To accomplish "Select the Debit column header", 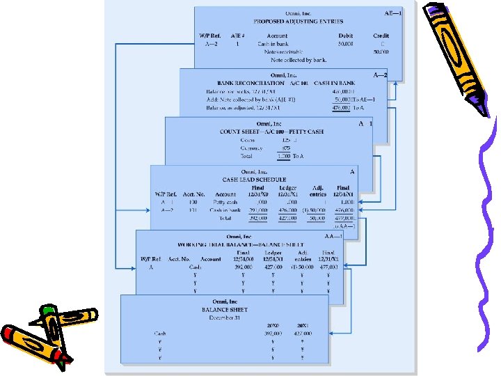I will (x=345, y=36).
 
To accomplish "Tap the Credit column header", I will (x=381, y=36).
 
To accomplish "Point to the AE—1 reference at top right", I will (x=393, y=13).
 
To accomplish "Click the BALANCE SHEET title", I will (x=224, y=309).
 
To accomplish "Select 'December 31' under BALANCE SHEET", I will (x=224, y=317).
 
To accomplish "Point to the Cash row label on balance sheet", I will (x=160, y=334).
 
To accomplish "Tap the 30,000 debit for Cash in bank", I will (x=345, y=44).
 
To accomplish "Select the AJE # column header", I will (x=237, y=36).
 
